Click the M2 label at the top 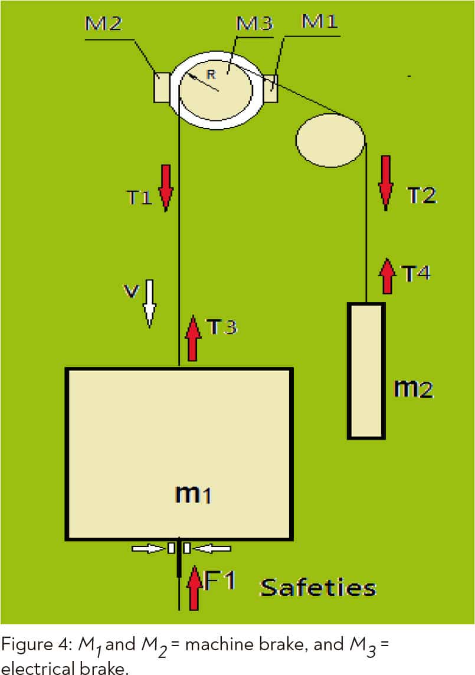tap(103, 23)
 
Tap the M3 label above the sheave tap(254, 23)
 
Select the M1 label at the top tap(320, 21)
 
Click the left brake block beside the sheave tap(162, 88)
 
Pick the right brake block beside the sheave tap(270, 89)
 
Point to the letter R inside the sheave tap(211, 74)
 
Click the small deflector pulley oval tap(330, 140)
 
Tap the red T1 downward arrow tap(166, 188)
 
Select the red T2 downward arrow tap(386, 183)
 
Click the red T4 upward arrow tap(388, 276)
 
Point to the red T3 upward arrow tap(192, 338)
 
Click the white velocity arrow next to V tap(149, 303)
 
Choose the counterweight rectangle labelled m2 tap(366, 371)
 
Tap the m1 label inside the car tap(193, 494)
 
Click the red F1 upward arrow tap(194, 588)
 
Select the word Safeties tap(318, 588)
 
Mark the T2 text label tap(422, 195)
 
